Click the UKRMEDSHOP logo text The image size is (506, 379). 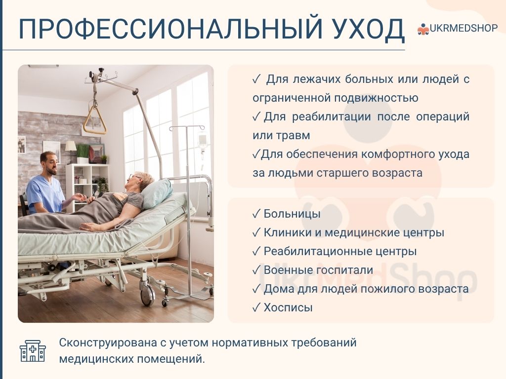[x=464, y=28]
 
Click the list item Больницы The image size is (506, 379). [x=292, y=214]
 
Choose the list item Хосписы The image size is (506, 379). [x=288, y=307]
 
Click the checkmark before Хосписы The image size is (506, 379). [x=256, y=307]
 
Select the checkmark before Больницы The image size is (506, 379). [x=256, y=214]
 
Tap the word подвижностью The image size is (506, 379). [x=376, y=98]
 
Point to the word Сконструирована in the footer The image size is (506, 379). [x=108, y=342]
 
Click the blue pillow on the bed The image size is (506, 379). [x=157, y=193]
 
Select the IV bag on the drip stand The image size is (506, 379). [x=202, y=141]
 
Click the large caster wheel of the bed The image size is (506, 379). [x=147, y=295]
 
